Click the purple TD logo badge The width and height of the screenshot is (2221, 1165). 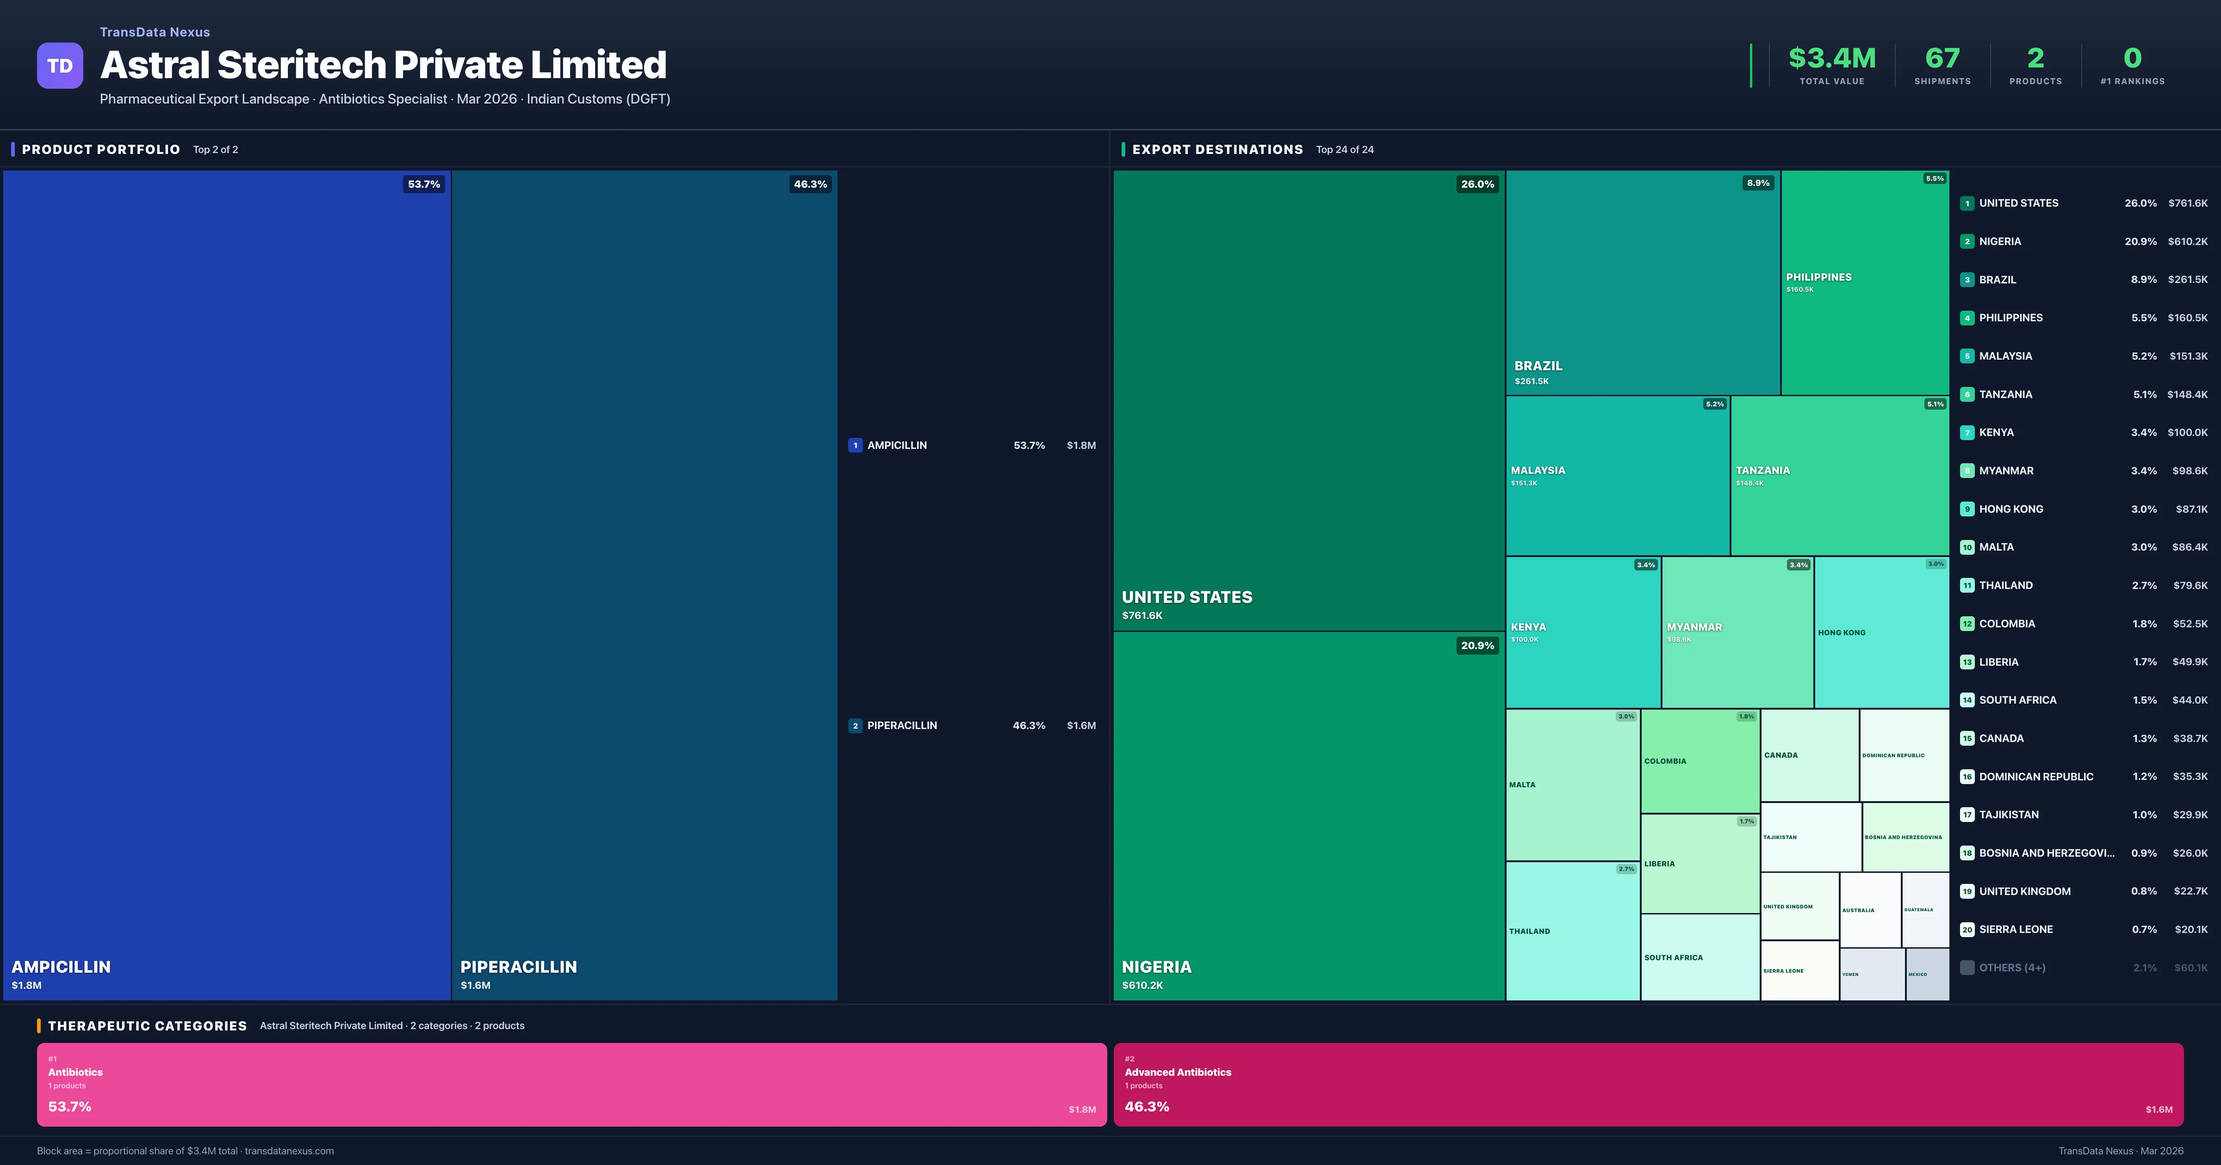pyautogui.click(x=60, y=66)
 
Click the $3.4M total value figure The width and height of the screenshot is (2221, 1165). pyautogui.click(x=1831, y=59)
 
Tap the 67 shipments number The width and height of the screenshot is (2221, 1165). pyautogui.click(x=1942, y=59)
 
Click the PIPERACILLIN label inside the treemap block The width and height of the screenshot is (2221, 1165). pyautogui.click(x=518, y=967)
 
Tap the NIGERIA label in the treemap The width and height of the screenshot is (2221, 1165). pyautogui.click(x=1156, y=967)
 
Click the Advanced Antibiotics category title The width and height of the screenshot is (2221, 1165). pyautogui.click(x=1178, y=1072)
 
